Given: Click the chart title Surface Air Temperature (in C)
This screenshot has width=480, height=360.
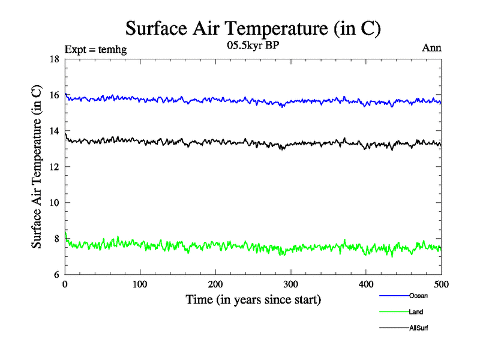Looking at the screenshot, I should tap(253, 29).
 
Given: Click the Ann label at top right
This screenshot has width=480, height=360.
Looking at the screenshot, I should tap(432, 49).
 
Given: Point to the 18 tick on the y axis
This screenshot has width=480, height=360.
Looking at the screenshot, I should tap(54, 59).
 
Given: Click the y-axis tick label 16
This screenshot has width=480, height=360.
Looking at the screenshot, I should tap(54, 95).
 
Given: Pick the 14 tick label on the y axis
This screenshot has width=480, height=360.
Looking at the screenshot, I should tap(54, 131).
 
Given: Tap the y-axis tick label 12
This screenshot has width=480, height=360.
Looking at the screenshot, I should tap(54, 167).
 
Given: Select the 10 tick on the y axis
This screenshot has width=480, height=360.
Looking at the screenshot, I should tap(54, 203).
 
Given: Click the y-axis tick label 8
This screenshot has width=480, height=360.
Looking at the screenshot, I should tap(56, 239).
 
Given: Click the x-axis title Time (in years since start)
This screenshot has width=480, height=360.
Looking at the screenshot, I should tap(253, 299).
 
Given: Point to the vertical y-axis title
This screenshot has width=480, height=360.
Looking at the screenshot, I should tap(37, 167).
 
